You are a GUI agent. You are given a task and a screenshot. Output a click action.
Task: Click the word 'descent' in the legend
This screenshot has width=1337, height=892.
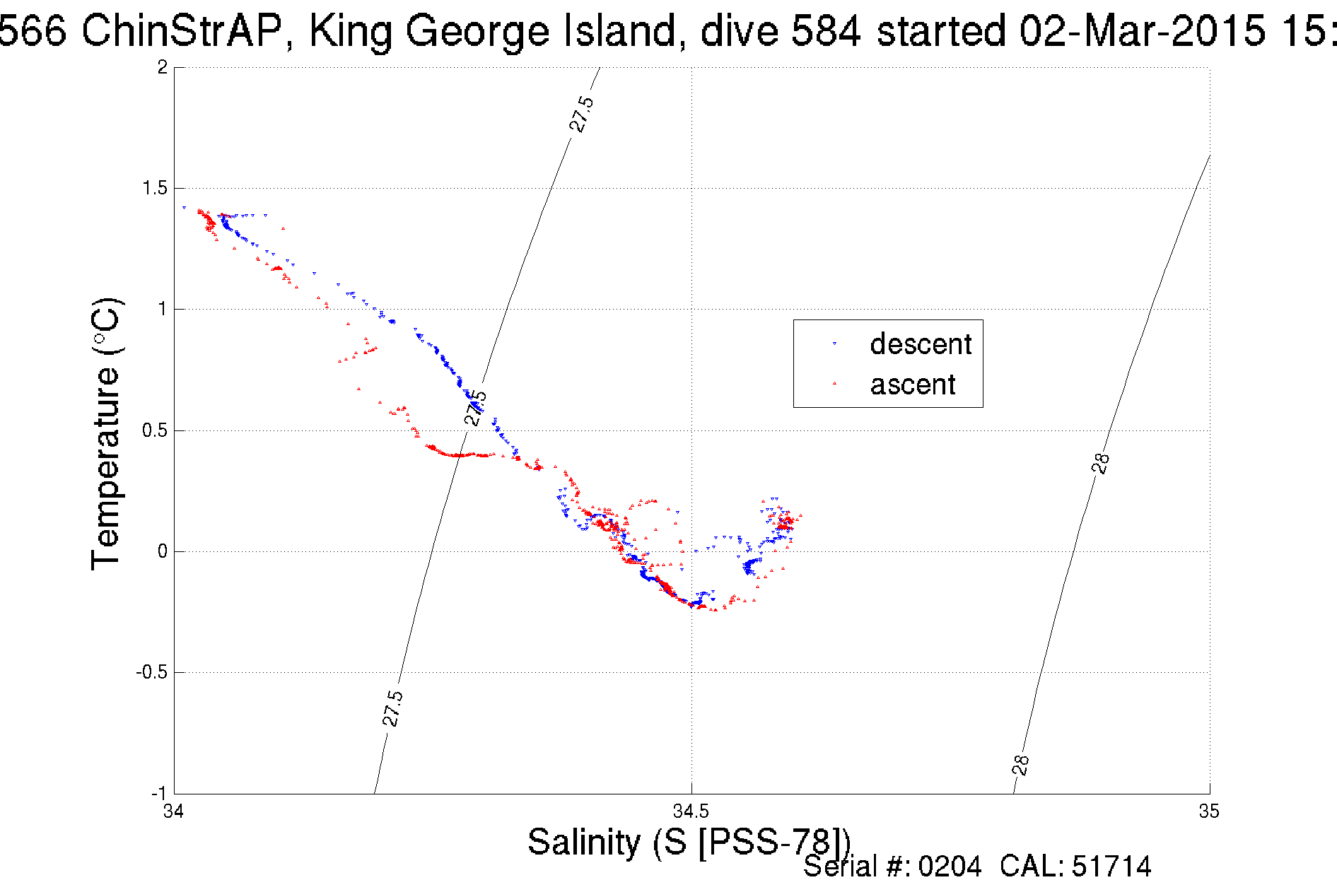pos(921,344)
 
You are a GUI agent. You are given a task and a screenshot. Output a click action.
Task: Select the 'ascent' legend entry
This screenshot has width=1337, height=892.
pos(912,385)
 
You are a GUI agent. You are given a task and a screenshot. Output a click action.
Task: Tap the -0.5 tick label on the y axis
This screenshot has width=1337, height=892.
pos(151,672)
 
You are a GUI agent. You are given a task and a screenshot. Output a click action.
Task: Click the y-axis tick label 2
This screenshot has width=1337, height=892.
pos(163,67)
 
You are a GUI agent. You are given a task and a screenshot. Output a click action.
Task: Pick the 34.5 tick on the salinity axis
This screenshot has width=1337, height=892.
pos(691,811)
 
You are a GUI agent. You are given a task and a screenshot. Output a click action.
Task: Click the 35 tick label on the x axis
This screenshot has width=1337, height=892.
pos(1209,811)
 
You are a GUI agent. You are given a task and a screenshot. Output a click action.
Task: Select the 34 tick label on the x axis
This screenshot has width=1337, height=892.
pos(174,811)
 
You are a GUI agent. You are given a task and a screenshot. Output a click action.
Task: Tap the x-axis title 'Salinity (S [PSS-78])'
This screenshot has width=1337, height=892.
pos(689,842)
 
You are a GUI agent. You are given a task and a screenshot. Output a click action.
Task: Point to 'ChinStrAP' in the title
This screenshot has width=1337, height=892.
pos(183,31)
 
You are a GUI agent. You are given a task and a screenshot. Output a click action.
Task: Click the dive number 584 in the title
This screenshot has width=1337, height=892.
pos(826,31)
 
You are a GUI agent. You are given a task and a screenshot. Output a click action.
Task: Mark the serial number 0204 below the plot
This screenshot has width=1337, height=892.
pos(950,866)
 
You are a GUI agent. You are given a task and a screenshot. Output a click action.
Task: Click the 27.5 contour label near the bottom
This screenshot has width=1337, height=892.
pos(392,708)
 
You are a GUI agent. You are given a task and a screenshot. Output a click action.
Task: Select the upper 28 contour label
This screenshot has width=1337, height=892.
pos(1101,463)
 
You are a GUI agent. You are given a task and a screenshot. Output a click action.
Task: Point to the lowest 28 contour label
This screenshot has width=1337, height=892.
pos(1020,765)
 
